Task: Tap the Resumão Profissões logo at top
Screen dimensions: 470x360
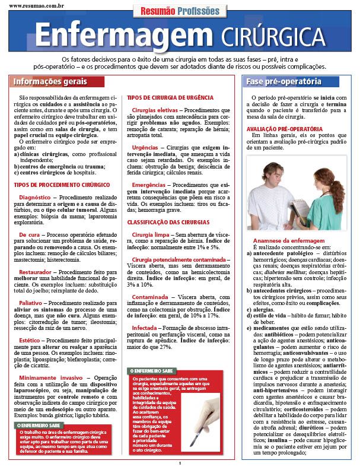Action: tap(180, 11)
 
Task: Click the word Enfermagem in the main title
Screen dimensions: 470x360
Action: tap(125, 36)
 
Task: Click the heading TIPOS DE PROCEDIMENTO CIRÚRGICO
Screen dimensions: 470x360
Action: tap(55, 185)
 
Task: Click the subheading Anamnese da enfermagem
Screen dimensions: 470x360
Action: tap(282, 240)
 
